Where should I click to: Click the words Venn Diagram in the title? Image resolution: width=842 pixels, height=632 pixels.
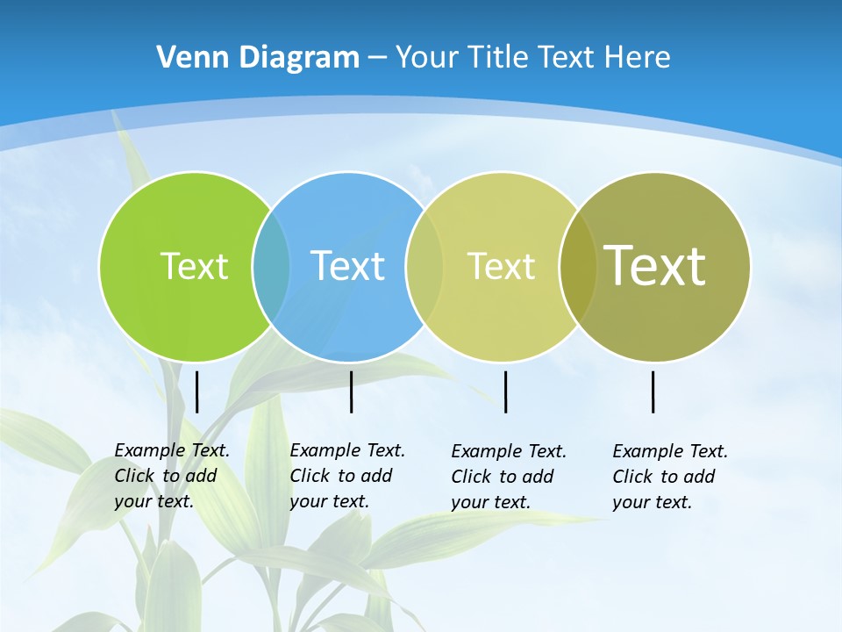click(258, 57)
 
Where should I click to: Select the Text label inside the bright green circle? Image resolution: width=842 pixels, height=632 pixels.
click(194, 266)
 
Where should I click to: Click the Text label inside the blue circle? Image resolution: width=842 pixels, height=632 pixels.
click(347, 266)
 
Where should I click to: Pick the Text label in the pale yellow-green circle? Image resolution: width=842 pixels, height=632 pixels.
click(501, 266)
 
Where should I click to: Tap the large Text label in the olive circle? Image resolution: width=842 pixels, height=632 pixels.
click(655, 265)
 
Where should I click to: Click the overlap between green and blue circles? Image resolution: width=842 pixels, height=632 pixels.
click(271, 266)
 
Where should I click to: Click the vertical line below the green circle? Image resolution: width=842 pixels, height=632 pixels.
click(197, 391)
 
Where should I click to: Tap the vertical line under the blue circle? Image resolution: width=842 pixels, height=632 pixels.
click(351, 391)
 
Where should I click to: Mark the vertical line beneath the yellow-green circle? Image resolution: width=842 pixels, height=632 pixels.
click(505, 391)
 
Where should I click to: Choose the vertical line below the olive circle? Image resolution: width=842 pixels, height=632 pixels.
click(653, 391)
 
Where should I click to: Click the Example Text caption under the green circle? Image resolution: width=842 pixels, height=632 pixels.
click(172, 476)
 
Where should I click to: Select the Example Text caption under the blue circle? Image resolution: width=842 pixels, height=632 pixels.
click(347, 476)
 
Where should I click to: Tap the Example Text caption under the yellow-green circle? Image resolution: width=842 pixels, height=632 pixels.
click(509, 477)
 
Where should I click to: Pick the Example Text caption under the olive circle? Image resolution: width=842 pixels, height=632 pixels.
click(670, 477)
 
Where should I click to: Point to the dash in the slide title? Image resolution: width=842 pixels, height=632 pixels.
click(377, 57)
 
